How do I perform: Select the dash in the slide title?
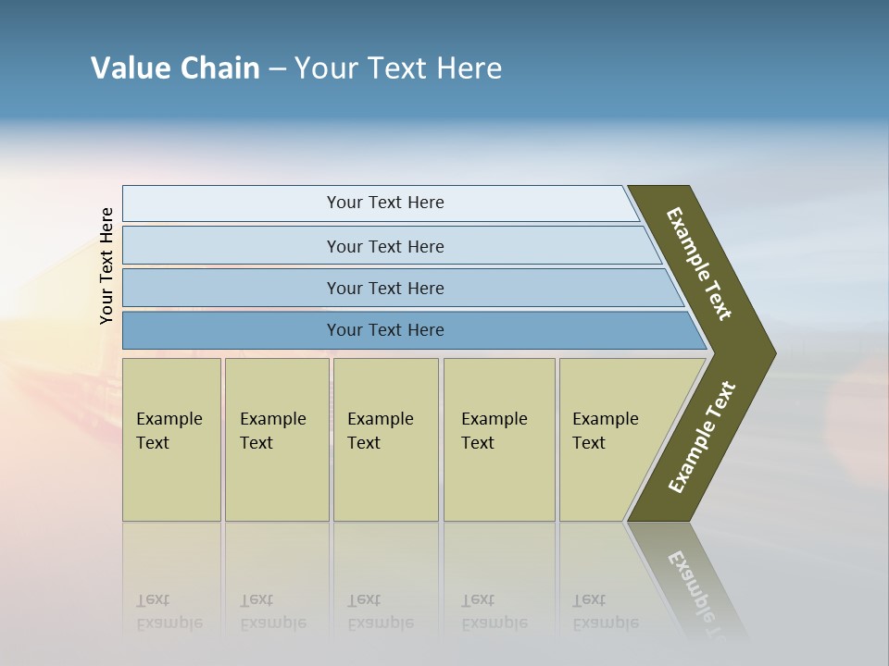pos(277,69)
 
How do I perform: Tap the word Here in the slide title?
pos(469,68)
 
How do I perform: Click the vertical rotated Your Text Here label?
pos(106,265)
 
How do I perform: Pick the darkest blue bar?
pos(385,330)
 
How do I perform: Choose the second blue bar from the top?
pos(385,246)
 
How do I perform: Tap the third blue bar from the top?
pos(385,288)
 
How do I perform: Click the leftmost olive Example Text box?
pos(171,439)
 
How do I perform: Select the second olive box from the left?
pos(276,439)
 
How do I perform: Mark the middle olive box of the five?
pos(385,439)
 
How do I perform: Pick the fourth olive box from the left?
pos(498,439)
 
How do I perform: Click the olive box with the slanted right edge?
pos(611,439)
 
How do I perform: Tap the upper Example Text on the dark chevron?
pos(699,264)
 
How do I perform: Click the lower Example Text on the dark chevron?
pos(701,438)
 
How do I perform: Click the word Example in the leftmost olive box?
pos(169,419)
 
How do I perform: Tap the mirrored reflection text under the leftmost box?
pos(169,611)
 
